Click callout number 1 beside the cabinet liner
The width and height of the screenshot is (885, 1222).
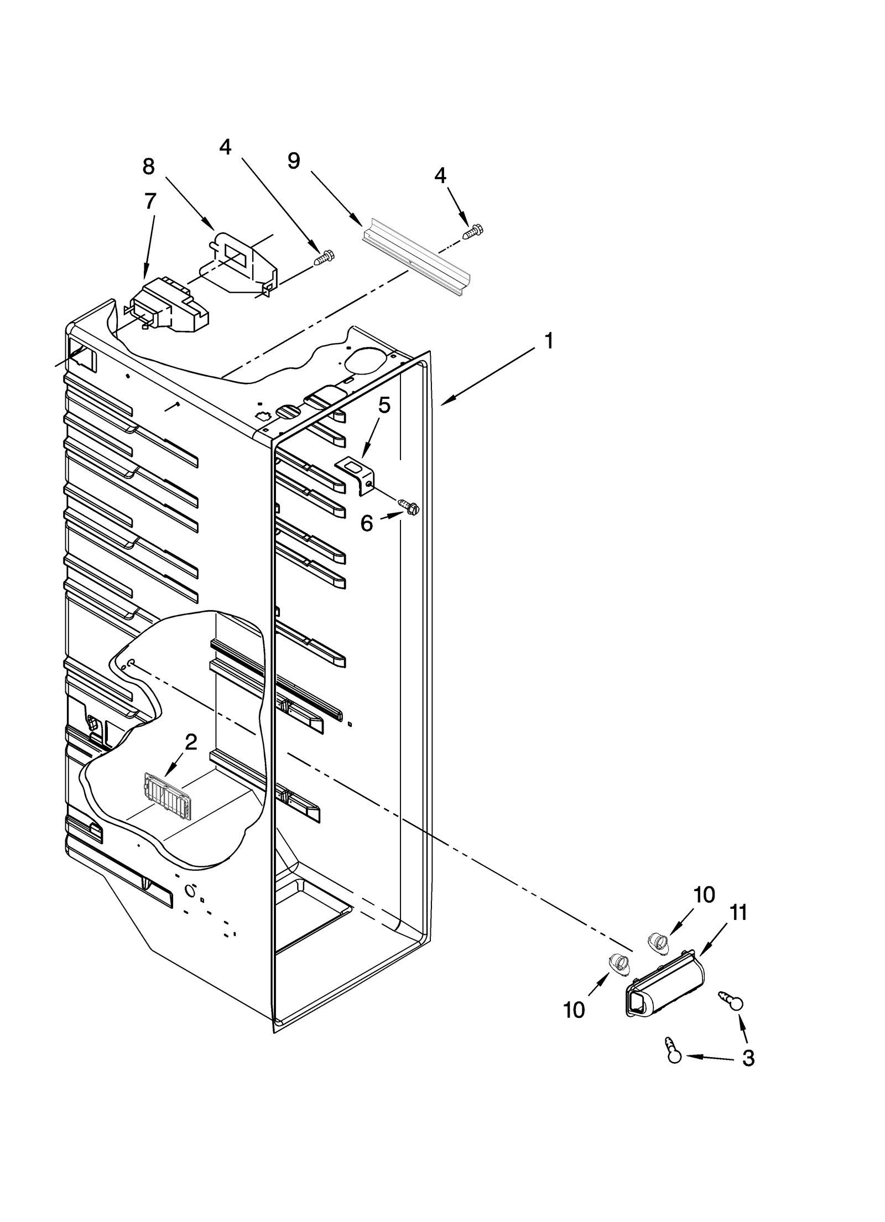point(548,341)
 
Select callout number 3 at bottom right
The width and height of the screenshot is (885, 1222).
point(747,1058)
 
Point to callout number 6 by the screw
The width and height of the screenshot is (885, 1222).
point(367,523)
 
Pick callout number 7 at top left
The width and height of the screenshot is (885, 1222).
point(150,201)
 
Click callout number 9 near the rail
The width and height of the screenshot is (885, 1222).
point(294,160)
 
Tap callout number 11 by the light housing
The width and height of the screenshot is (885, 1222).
point(738,913)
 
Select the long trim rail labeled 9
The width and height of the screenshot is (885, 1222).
point(415,258)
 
